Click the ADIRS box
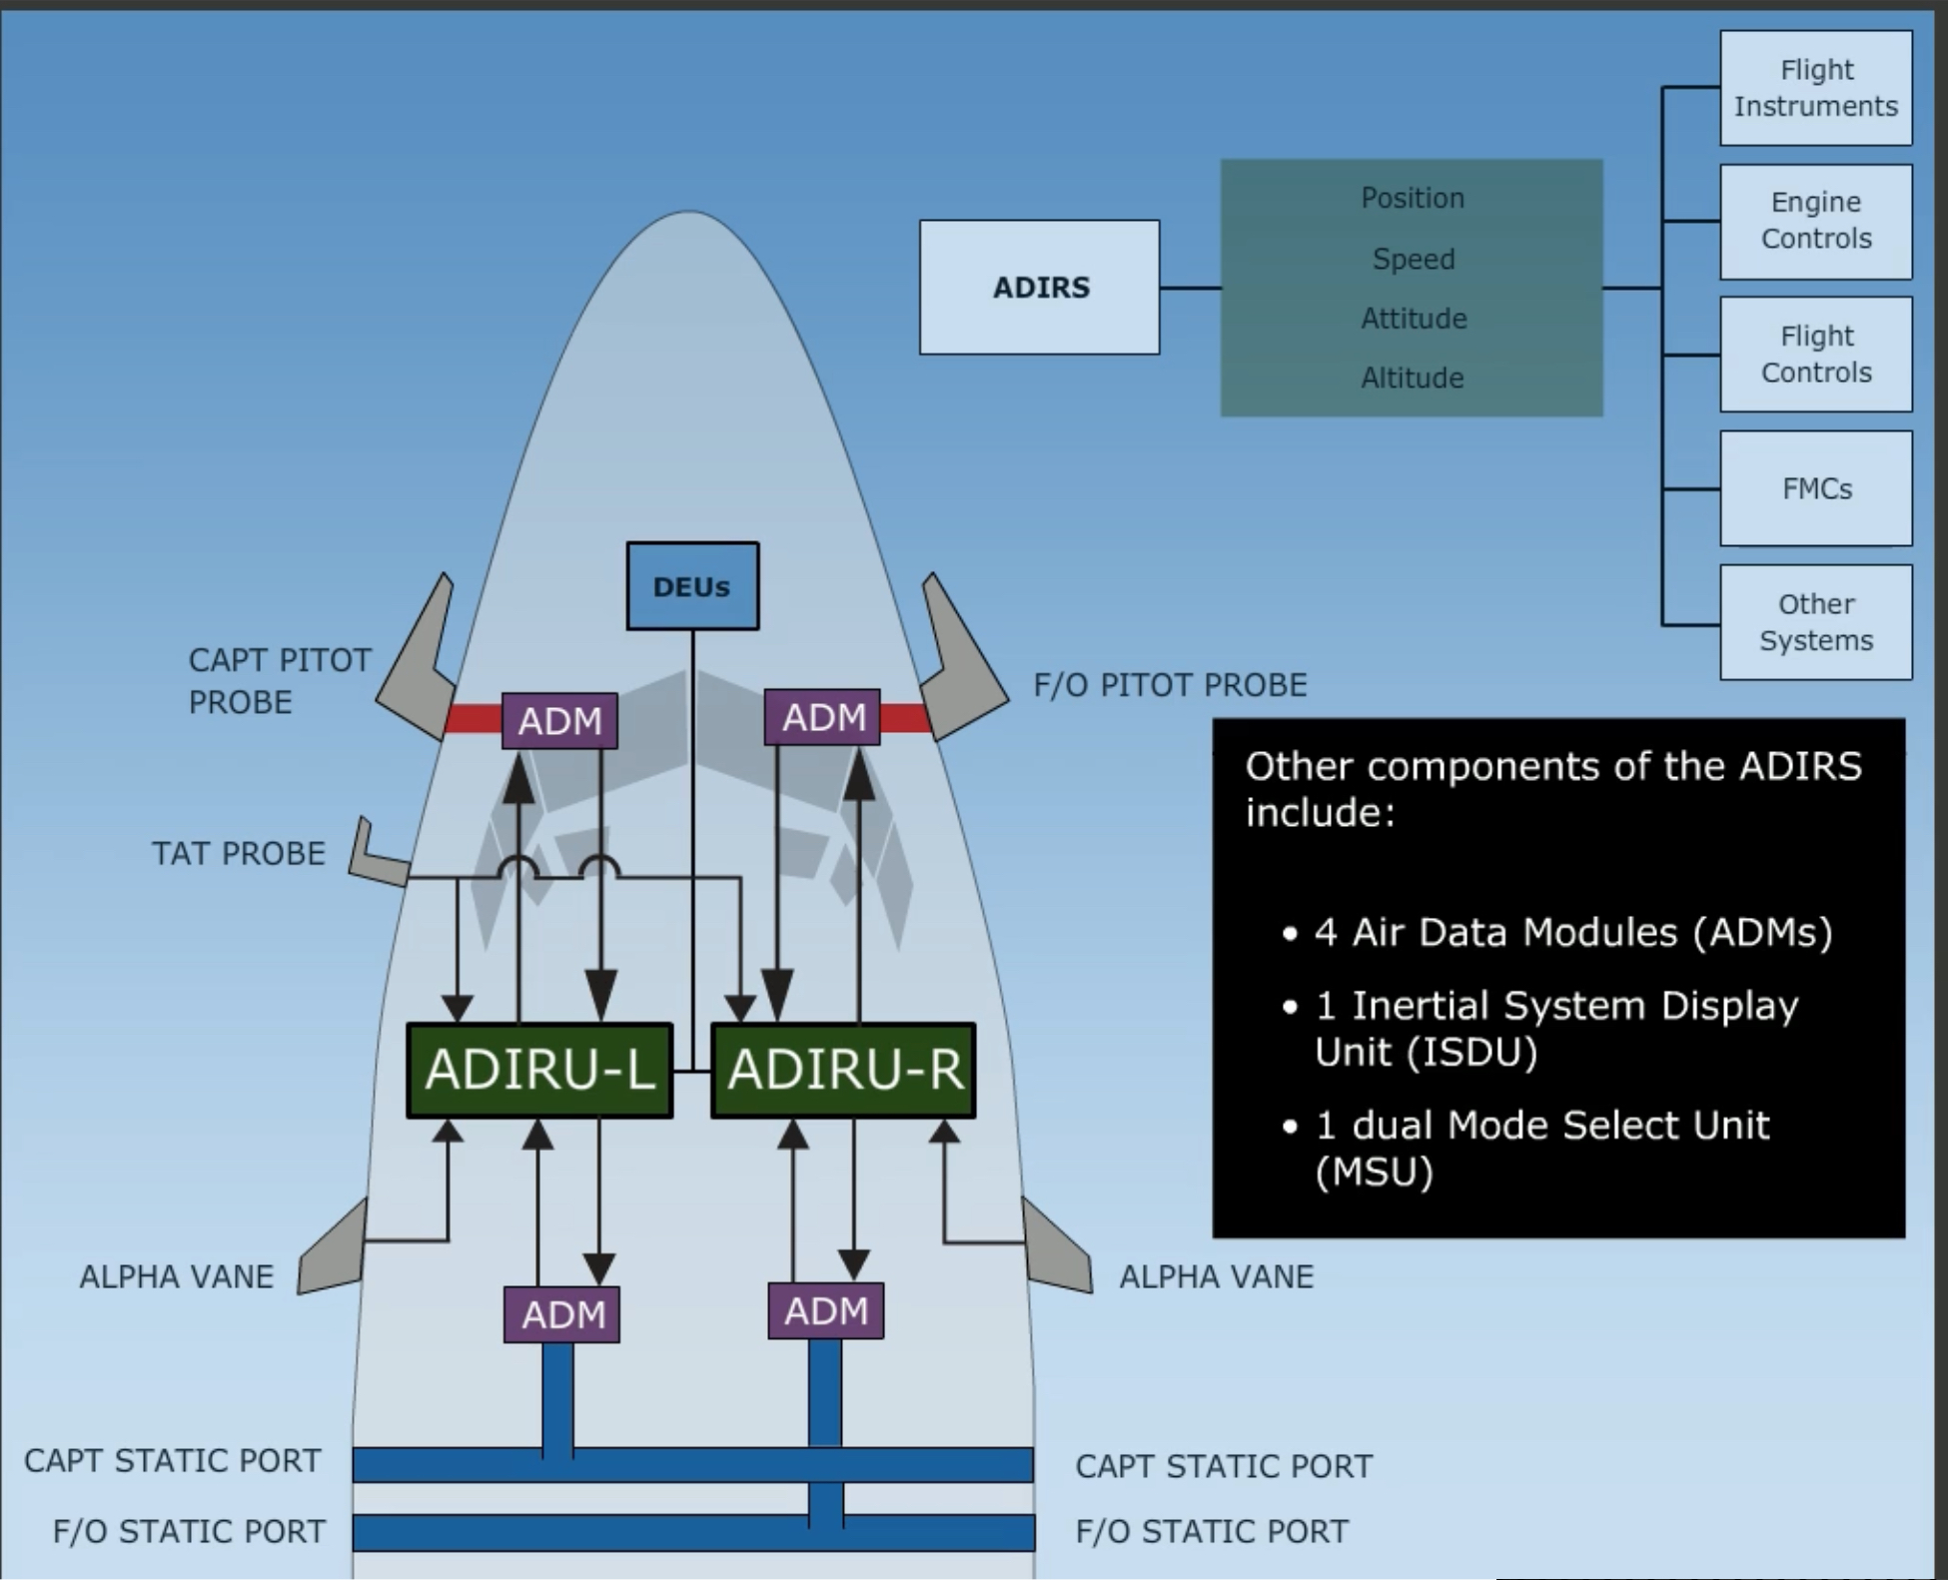(x=1039, y=288)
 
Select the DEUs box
(x=692, y=586)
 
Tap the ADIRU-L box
(x=539, y=1070)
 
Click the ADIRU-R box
(x=843, y=1070)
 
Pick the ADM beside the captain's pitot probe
(x=559, y=720)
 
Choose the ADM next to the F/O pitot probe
(x=822, y=717)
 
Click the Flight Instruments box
(x=1815, y=88)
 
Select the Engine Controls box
(x=1815, y=221)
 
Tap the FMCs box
(x=1815, y=488)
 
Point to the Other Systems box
(x=1815, y=622)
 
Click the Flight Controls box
(x=1815, y=355)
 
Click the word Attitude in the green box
(x=1413, y=319)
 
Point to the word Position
(x=1412, y=198)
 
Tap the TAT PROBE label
(x=238, y=854)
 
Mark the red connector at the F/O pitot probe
(x=904, y=717)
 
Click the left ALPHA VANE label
(x=177, y=1276)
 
